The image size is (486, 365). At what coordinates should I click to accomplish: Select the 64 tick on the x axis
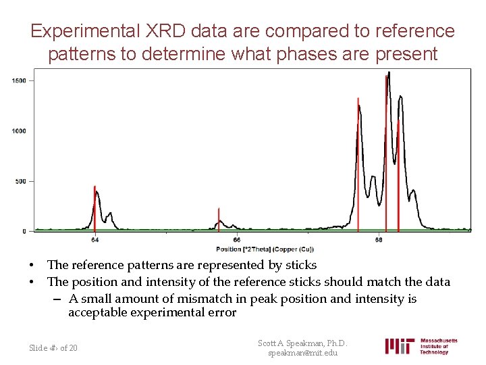(95, 239)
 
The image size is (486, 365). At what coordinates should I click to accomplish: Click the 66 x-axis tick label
(236, 239)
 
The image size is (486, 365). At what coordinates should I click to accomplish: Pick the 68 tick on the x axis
(379, 239)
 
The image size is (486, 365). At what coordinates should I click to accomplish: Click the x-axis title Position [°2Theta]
(260, 249)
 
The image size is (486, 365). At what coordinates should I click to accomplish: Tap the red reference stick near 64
(94, 206)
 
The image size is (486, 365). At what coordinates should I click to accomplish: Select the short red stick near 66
(219, 219)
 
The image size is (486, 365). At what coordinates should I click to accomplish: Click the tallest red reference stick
(386, 152)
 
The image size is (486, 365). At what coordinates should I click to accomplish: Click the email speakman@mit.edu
(302, 354)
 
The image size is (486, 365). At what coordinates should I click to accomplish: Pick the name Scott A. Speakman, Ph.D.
(302, 343)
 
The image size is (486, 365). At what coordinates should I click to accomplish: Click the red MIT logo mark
(400, 346)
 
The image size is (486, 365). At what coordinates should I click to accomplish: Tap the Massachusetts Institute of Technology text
(438, 346)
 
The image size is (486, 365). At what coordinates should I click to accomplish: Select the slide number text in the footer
(53, 347)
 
